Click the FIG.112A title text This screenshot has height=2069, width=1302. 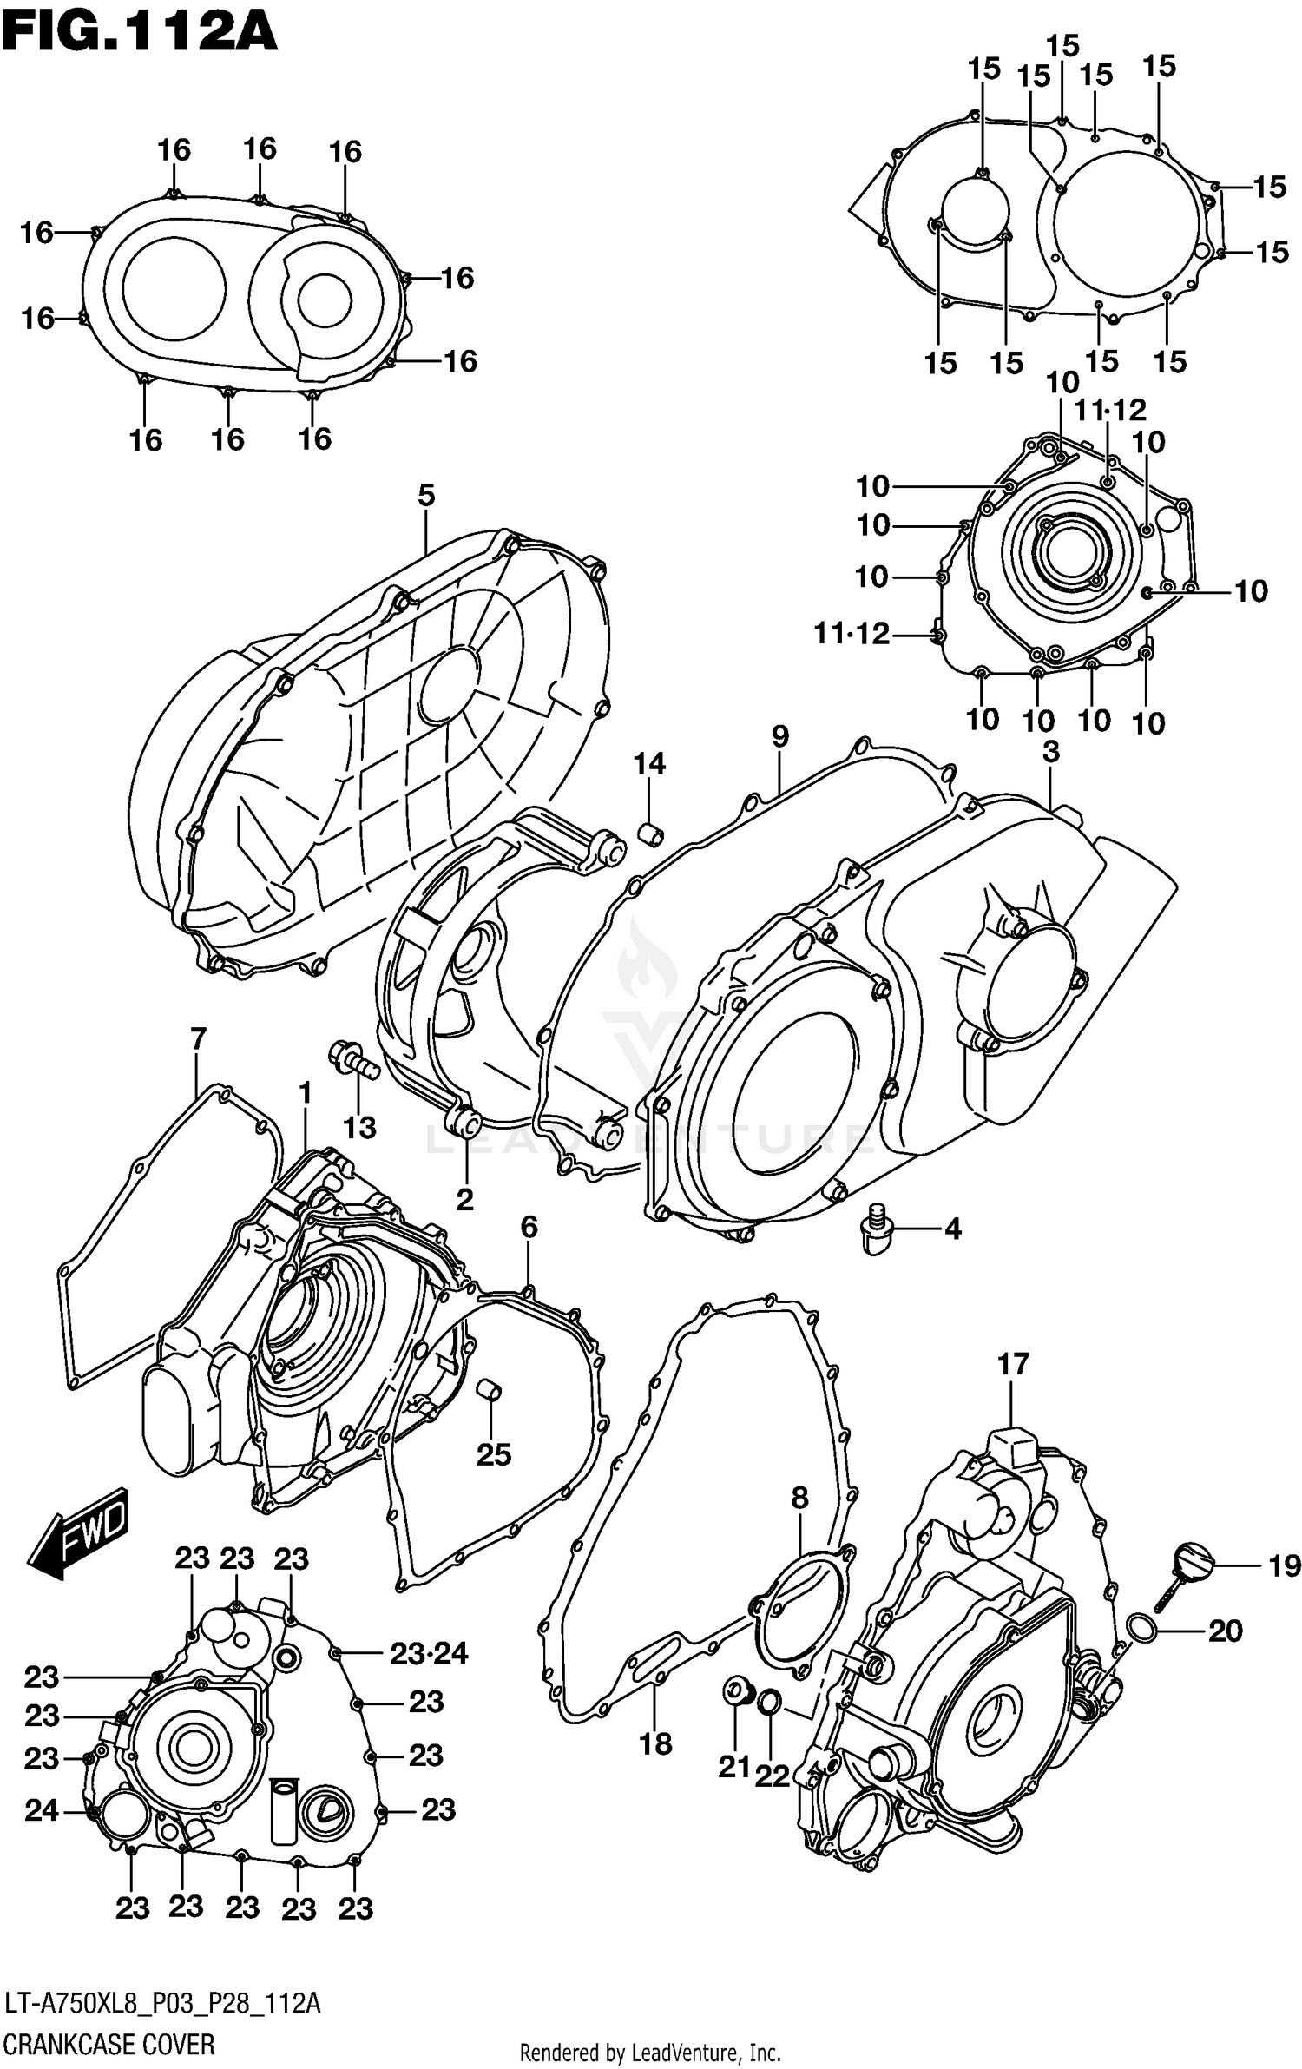[139, 33]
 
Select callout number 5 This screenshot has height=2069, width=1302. [425, 496]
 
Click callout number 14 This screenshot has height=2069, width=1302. [648, 764]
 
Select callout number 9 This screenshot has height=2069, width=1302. [779, 737]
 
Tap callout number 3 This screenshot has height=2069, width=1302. [1050, 752]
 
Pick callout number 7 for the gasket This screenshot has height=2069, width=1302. [198, 1038]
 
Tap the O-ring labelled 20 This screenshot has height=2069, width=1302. [1142, 1631]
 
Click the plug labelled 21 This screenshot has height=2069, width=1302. [736, 1690]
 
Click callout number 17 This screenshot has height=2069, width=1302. [1012, 1364]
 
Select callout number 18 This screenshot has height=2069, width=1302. [655, 1743]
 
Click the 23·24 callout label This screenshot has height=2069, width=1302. [428, 1654]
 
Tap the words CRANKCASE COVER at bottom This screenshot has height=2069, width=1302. [108, 2044]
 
